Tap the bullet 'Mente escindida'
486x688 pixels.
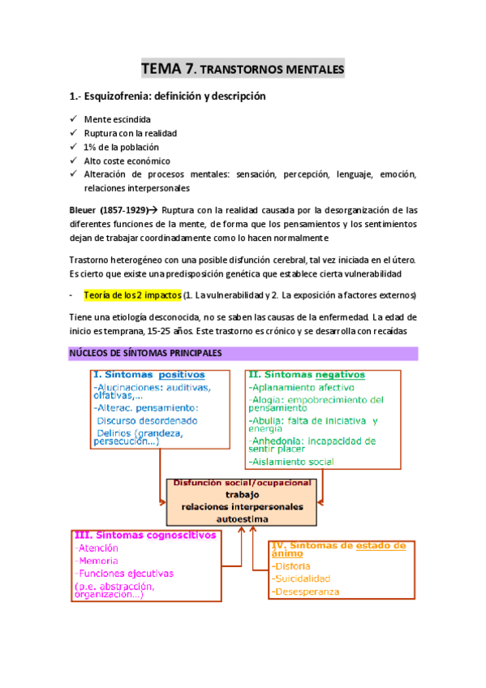pos(117,119)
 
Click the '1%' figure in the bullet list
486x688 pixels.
pos(90,147)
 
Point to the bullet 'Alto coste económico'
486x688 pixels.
pos(127,161)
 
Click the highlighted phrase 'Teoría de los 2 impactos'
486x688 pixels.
pos(132,295)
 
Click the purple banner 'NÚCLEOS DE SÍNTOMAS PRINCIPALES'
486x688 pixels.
pos(150,354)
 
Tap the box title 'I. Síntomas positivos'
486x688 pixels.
pos(148,375)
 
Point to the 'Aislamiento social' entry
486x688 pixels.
pos(293,462)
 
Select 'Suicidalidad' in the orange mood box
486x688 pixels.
pos(302,578)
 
